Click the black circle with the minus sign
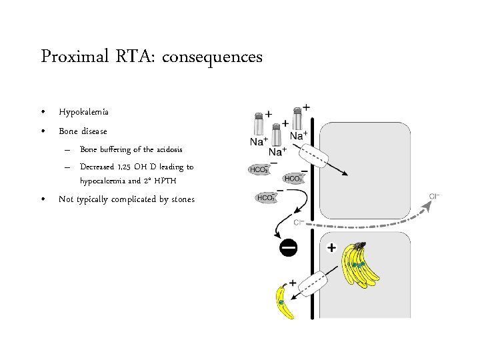pos(289,248)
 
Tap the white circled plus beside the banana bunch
pos(332,248)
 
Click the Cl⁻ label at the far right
pos(434,196)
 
